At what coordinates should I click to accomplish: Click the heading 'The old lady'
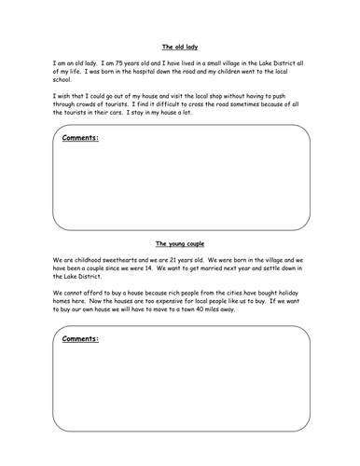[179, 46]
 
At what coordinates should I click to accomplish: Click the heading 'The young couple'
[179, 240]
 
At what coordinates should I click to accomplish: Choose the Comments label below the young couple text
[79, 339]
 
